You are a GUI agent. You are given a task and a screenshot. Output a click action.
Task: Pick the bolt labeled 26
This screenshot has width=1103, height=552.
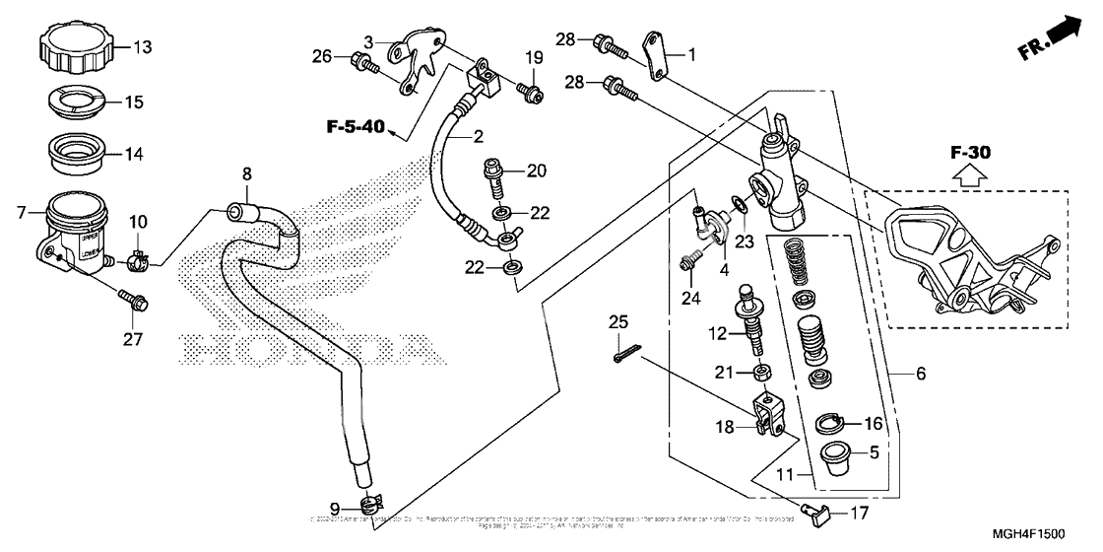tap(363, 64)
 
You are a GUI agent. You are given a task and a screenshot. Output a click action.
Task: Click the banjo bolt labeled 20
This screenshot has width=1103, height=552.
tap(491, 179)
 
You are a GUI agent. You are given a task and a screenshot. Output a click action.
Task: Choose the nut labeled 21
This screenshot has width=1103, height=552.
tap(760, 373)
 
